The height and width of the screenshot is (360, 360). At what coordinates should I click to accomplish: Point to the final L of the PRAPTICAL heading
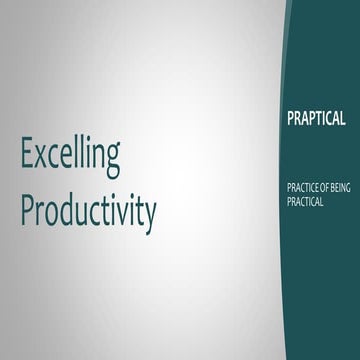point(343,118)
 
